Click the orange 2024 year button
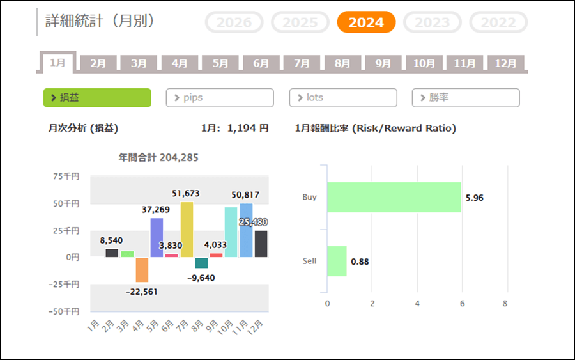tap(366, 22)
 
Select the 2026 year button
tap(234, 22)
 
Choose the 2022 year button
tap(498, 22)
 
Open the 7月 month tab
tap(302, 63)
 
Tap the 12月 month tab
tap(505, 63)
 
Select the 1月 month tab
tap(57, 63)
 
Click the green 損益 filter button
tap(97, 97)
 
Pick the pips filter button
tap(220, 97)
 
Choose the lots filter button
tap(343, 97)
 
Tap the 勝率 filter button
tap(466, 97)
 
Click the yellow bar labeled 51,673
tap(187, 230)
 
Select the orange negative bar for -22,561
tap(142, 269)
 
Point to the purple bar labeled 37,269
tap(157, 237)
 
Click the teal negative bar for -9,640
tap(201, 263)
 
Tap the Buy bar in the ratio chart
tap(394, 197)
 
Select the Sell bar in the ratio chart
tap(337, 261)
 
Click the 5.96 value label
tap(475, 198)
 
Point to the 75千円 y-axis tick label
tap(66, 176)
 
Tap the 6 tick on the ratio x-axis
tap(462, 303)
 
